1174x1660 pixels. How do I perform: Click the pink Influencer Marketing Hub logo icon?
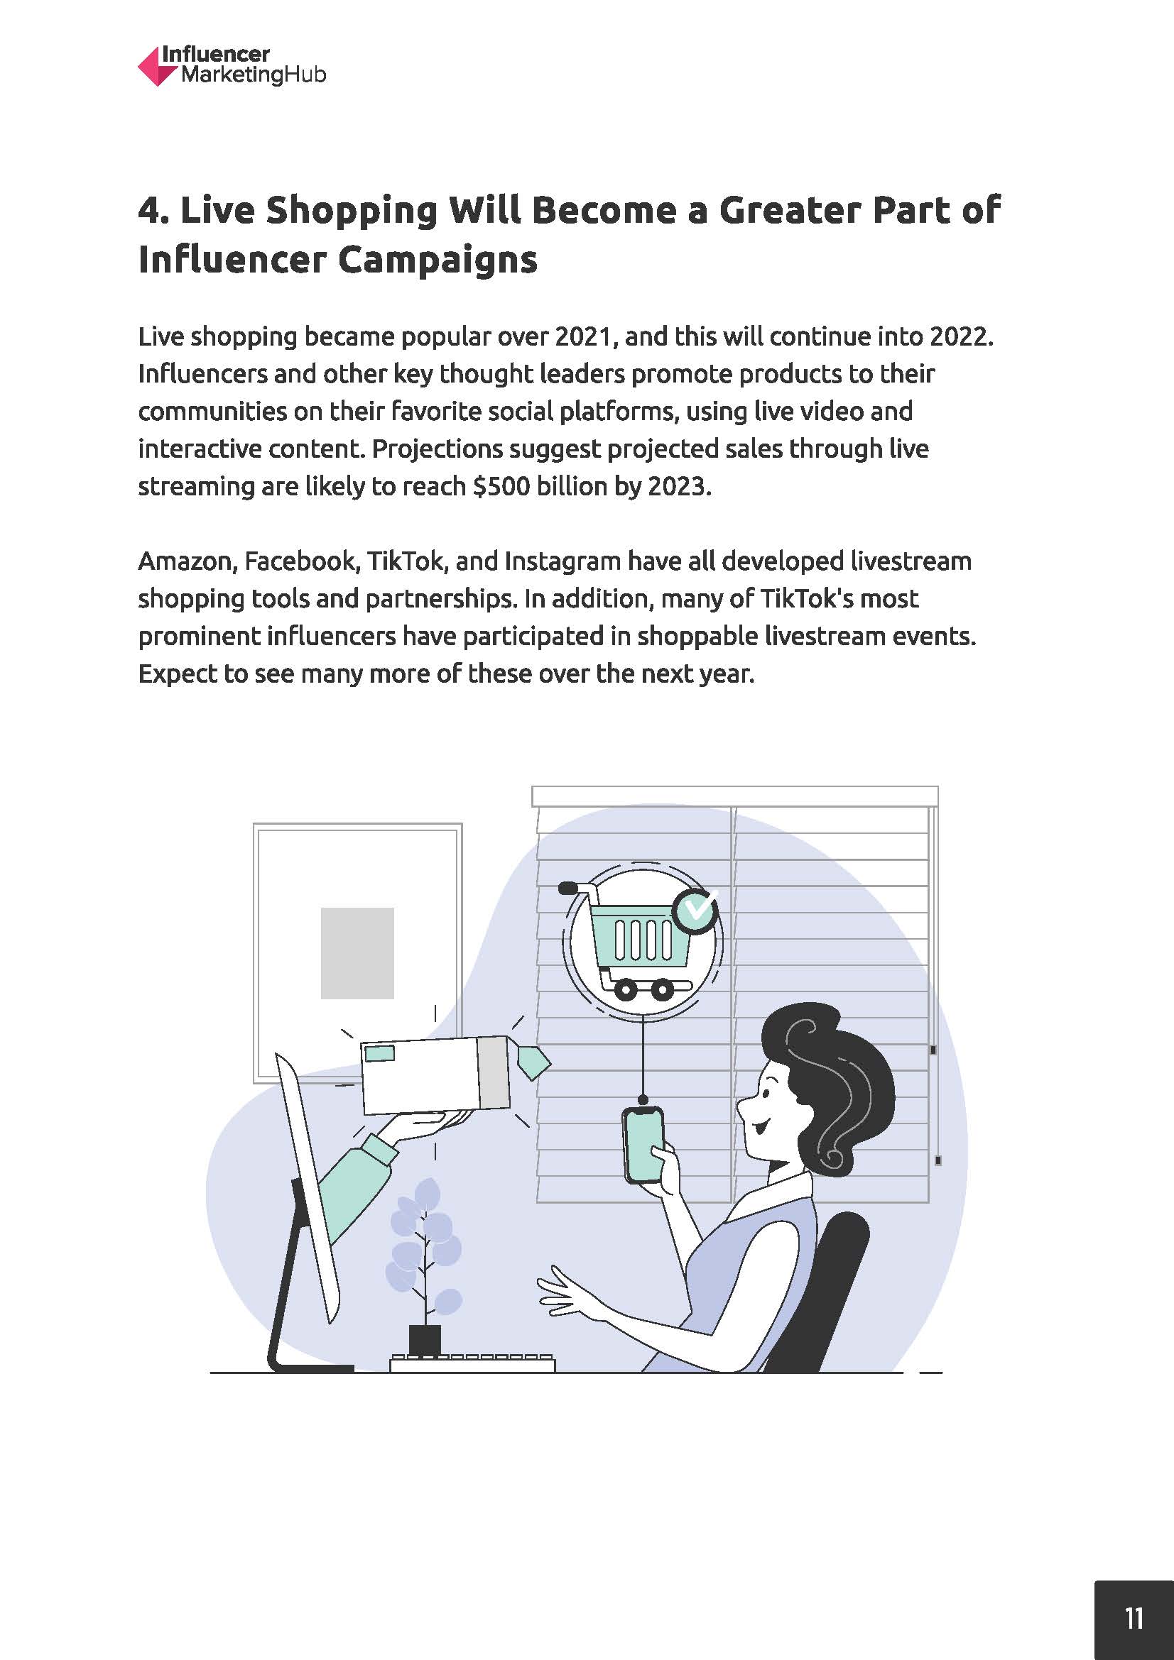pos(157,67)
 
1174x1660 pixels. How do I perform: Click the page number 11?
pos(1134,1618)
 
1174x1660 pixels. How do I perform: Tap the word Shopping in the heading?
pos(352,211)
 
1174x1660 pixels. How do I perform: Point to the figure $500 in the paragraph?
pos(501,486)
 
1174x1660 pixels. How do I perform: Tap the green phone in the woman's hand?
pos(643,1145)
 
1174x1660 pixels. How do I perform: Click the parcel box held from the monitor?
pos(435,1075)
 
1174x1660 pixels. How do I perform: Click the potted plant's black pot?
pos(425,1341)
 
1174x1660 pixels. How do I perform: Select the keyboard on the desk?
pos(472,1363)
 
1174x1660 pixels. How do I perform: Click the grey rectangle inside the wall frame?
pos(357,953)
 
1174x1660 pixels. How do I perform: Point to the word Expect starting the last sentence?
pos(178,674)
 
